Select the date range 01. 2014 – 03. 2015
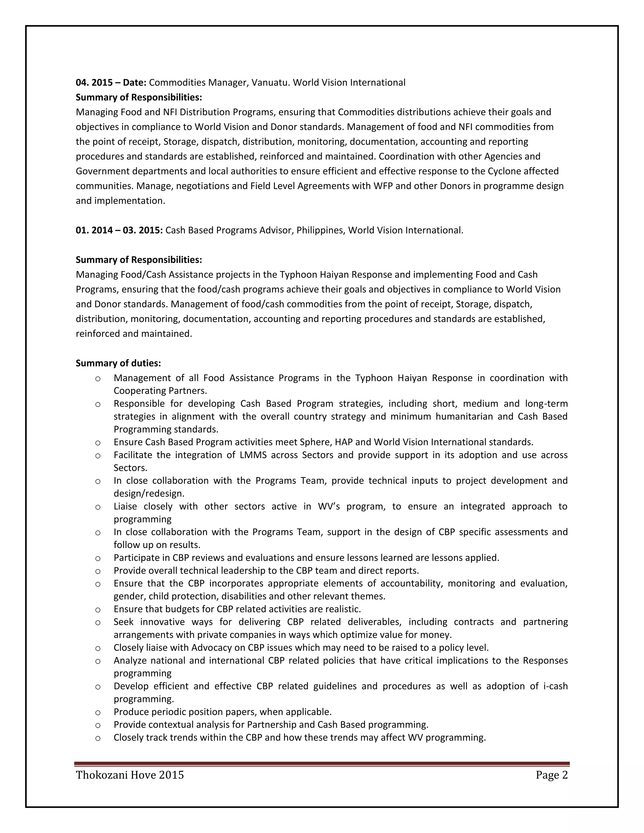(x=119, y=230)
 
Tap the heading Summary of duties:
(x=118, y=363)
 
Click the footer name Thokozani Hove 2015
(x=130, y=775)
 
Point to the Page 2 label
(x=551, y=775)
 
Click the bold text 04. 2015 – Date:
(x=111, y=82)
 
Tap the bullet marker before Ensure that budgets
(x=98, y=610)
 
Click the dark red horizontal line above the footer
(x=322, y=764)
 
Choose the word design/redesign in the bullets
(x=149, y=494)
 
